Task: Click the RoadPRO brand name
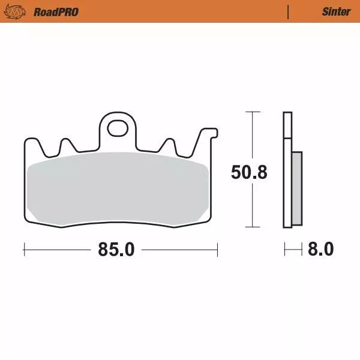click(x=56, y=11)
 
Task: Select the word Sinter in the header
click(x=336, y=11)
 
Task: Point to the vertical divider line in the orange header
click(x=289, y=11)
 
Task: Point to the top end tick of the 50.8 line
click(x=253, y=112)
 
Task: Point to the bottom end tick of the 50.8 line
click(x=253, y=227)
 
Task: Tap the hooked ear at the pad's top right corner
click(x=207, y=133)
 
